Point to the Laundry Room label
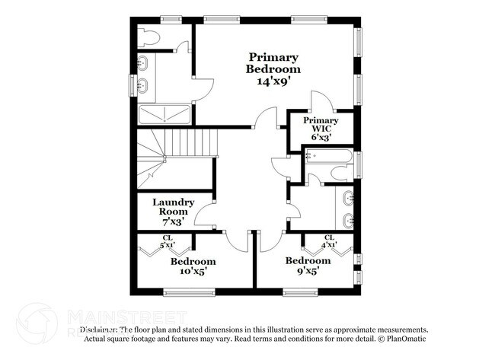click(x=174, y=207)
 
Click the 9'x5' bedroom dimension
click(x=308, y=269)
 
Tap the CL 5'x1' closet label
click(x=166, y=242)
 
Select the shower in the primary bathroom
click(x=163, y=115)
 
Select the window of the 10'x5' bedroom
click(x=184, y=292)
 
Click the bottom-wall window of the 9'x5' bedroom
click(x=301, y=292)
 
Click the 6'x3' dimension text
click(x=321, y=138)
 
